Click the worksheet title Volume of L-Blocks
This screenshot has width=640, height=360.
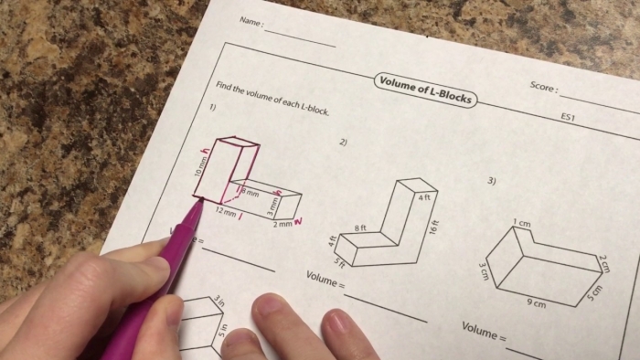[426, 89]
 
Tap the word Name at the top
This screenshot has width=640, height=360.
[249, 22]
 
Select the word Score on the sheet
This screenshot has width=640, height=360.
[542, 87]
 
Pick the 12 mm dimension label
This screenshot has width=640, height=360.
[225, 209]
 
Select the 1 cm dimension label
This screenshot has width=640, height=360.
[521, 222]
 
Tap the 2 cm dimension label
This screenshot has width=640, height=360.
[604, 263]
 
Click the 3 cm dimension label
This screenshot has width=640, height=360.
[484, 271]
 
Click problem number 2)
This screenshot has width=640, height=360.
[344, 143]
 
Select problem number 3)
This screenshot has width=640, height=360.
[492, 181]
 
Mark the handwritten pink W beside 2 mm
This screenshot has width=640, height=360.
[300, 220]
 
